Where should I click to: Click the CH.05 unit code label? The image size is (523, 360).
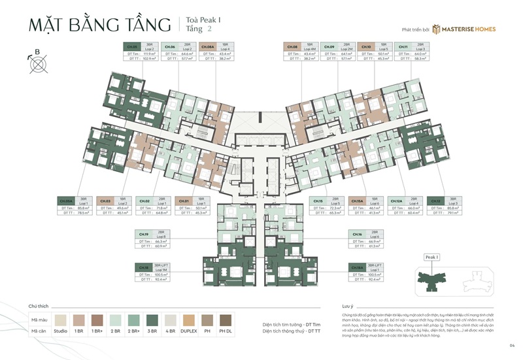point(133,47)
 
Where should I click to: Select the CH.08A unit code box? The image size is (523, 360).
point(209,47)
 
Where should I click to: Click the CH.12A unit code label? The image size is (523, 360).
point(396,201)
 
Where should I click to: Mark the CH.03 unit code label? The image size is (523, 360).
point(105,201)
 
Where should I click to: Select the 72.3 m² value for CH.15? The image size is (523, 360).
point(337,207)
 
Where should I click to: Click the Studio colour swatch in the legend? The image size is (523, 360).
point(63,320)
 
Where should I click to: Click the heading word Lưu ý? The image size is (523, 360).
point(347,306)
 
